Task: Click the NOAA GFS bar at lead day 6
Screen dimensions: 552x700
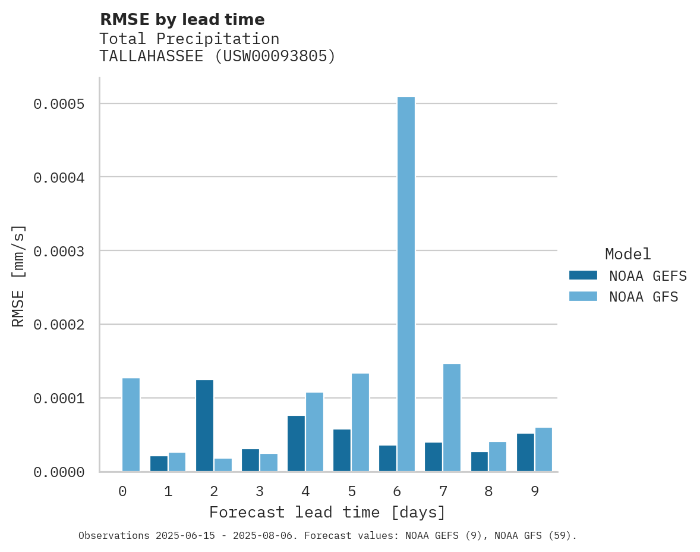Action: pos(406,284)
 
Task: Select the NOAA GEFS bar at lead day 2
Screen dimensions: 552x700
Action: pos(204,425)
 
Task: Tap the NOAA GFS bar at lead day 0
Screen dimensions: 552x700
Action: pos(131,425)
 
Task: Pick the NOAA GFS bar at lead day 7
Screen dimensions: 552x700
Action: pos(452,418)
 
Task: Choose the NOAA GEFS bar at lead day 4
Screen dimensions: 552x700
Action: pos(296,443)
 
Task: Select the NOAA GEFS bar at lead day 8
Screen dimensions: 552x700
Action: pos(480,462)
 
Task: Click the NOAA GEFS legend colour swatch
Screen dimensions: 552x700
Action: pos(582,275)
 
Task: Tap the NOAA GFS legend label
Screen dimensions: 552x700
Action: pos(643,296)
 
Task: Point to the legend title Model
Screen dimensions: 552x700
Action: pos(628,254)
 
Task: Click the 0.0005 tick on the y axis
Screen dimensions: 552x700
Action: pos(59,104)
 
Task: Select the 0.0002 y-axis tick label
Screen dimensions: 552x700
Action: pos(59,325)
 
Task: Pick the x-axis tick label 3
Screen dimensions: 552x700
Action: pos(260,491)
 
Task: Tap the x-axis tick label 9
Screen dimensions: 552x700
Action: pos(535,491)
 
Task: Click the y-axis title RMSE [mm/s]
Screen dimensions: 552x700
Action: pos(18,275)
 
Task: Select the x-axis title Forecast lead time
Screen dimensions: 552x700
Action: pos(327,512)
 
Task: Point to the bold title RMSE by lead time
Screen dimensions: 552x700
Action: pos(182,20)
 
